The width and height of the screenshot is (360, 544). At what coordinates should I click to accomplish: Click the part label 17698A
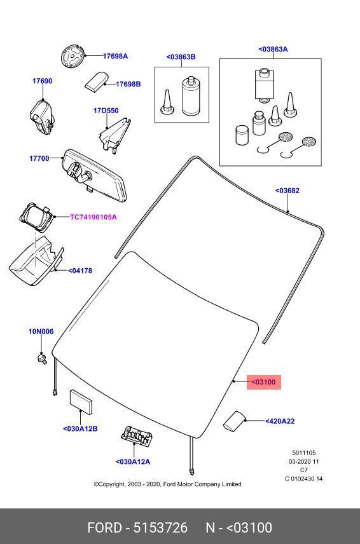(115, 56)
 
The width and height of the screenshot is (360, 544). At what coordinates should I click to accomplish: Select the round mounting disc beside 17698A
(73, 56)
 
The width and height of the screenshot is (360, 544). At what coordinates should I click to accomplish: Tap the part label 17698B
(128, 84)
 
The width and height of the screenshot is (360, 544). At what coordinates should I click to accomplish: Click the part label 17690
(43, 81)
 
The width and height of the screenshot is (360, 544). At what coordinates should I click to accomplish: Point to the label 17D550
(106, 111)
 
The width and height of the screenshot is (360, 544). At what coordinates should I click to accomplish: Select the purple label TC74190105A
(93, 217)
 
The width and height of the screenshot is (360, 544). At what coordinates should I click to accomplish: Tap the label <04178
(80, 271)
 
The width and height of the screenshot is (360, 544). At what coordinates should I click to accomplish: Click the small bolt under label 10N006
(42, 358)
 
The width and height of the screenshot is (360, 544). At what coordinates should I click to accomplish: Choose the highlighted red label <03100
(263, 382)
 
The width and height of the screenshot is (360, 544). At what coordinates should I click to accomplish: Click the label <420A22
(280, 421)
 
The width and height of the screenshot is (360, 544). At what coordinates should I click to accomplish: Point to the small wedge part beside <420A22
(233, 421)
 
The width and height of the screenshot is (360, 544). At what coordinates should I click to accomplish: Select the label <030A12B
(80, 428)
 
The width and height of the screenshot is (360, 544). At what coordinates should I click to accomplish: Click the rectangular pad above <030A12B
(81, 402)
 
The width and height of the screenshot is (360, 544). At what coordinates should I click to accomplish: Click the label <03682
(287, 191)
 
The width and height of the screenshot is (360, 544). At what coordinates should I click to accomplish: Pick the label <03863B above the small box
(181, 57)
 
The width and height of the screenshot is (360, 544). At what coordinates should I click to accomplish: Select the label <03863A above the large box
(273, 50)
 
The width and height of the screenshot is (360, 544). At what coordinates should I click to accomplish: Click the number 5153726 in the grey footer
(160, 527)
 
